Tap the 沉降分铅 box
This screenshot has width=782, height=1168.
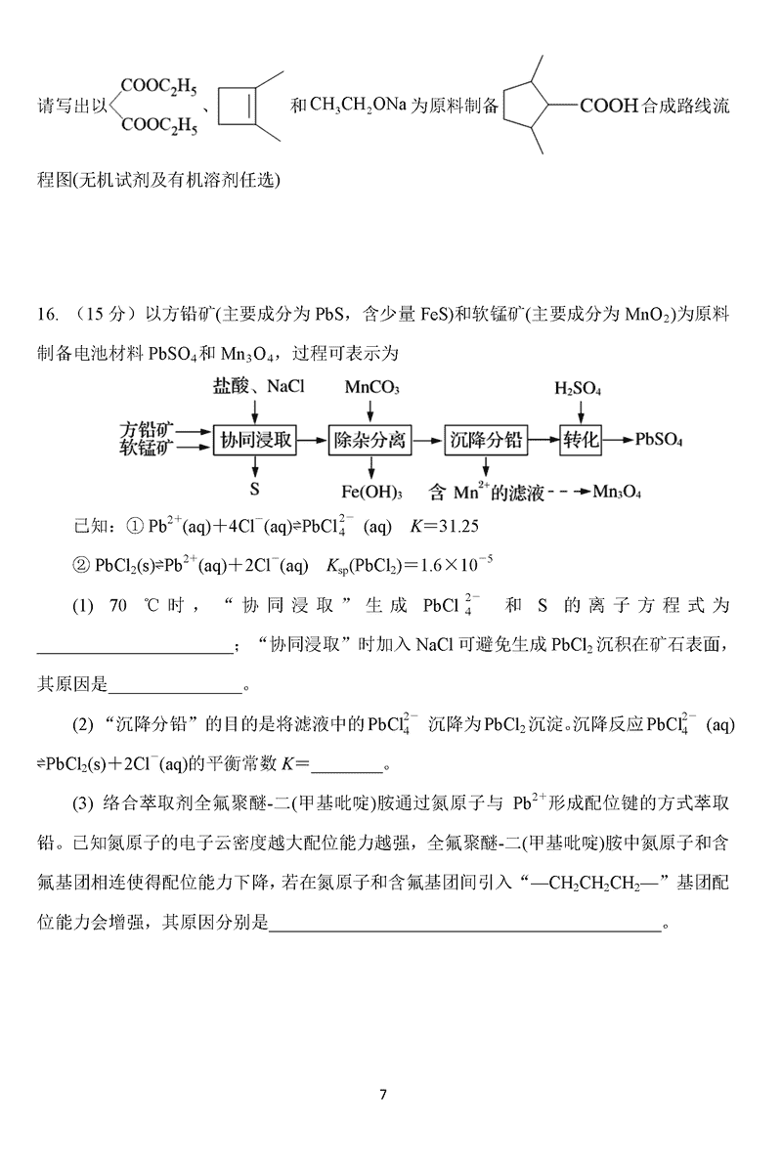(x=485, y=441)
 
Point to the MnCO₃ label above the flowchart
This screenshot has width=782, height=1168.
(x=371, y=388)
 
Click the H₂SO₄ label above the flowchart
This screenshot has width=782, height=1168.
(x=578, y=388)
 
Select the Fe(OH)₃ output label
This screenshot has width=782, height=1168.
(x=371, y=492)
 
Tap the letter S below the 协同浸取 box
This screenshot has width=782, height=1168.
(x=254, y=486)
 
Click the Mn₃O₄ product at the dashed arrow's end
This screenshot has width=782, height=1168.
(x=617, y=492)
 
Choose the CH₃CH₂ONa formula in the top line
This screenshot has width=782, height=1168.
(x=356, y=105)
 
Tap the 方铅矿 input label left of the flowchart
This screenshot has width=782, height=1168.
(x=147, y=428)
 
